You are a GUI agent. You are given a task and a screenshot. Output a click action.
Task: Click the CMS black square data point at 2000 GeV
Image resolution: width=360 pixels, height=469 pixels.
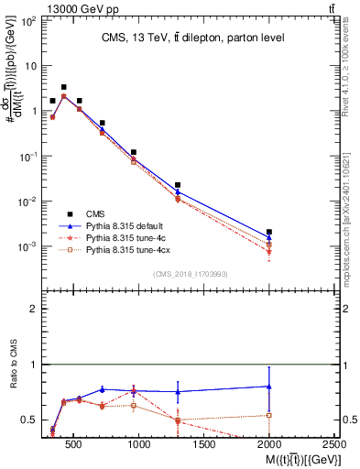[269, 233]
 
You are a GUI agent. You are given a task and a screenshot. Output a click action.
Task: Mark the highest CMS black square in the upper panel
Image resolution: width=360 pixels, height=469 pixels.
[63, 87]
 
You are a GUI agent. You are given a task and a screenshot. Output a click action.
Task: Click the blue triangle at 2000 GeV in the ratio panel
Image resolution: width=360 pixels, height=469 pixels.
[269, 387]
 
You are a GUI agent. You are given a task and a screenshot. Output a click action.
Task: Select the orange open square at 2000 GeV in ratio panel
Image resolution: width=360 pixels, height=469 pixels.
[269, 415]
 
